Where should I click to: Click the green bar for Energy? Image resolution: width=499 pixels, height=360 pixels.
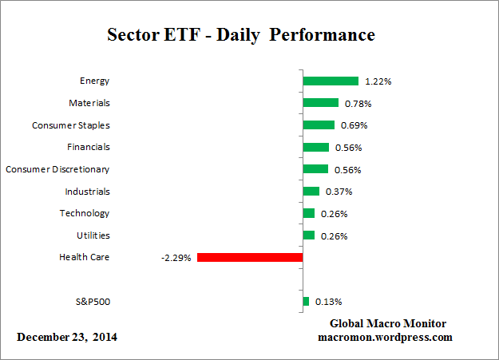click(331, 81)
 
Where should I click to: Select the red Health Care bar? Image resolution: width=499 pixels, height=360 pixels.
click(250, 257)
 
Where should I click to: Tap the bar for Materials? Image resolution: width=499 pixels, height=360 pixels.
click(321, 103)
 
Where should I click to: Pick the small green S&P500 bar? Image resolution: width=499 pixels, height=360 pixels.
click(306, 301)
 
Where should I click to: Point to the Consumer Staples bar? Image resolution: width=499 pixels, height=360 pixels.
click(319, 125)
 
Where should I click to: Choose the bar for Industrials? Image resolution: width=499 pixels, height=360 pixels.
click(311, 192)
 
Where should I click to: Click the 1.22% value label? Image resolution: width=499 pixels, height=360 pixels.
click(378, 81)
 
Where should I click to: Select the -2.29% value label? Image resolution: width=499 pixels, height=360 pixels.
click(176, 258)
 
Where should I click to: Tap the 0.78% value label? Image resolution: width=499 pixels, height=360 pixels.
click(358, 104)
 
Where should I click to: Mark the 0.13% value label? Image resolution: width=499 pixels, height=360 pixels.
click(328, 302)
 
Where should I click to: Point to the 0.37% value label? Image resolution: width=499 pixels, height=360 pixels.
click(336, 192)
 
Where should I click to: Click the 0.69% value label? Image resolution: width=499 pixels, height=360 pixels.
click(354, 125)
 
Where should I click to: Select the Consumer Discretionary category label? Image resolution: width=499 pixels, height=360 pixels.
click(57, 169)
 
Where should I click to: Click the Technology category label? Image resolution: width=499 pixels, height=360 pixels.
click(85, 213)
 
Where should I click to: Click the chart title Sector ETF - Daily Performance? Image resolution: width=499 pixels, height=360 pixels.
click(240, 36)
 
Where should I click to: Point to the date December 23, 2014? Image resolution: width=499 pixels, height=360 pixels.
click(67, 337)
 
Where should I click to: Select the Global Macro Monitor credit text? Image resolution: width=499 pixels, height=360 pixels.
click(388, 323)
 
